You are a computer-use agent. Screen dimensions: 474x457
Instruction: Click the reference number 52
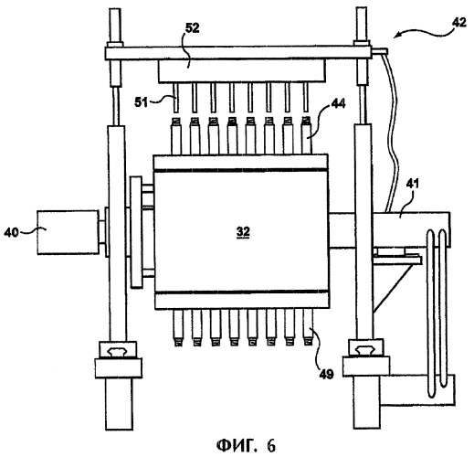click(x=193, y=28)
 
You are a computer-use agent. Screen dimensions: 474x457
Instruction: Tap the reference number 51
click(x=141, y=102)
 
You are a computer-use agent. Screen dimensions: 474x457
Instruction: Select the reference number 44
click(x=338, y=103)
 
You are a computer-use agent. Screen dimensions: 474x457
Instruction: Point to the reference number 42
click(x=458, y=22)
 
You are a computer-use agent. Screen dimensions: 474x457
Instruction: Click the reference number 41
click(x=412, y=184)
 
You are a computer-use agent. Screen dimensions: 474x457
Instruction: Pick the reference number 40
click(x=11, y=233)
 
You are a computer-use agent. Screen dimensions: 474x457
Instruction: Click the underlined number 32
click(x=243, y=232)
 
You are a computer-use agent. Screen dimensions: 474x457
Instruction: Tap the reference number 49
click(x=326, y=374)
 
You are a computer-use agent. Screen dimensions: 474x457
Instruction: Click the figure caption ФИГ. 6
click(x=246, y=446)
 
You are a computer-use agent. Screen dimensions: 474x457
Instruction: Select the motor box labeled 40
click(x=68, y=232)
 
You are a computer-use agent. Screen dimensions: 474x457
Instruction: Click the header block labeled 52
click(x=242, y=70)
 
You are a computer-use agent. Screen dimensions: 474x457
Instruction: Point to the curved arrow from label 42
click(x=422, y=31)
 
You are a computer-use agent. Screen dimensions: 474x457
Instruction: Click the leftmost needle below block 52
click(x=175, y=98)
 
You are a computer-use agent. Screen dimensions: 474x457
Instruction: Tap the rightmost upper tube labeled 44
click(x=307, y=136)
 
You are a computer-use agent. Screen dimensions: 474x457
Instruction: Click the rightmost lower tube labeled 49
click(x=308, y=327)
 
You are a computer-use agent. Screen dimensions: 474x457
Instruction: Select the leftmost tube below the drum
click(x=178, y=327)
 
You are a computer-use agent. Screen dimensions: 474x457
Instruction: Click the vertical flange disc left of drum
click(x=136, y=232)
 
